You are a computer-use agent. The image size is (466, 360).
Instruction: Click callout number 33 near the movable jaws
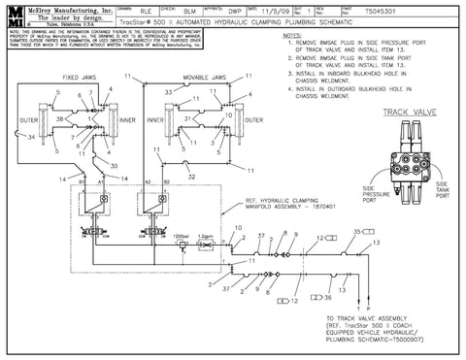click(168, 90)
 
